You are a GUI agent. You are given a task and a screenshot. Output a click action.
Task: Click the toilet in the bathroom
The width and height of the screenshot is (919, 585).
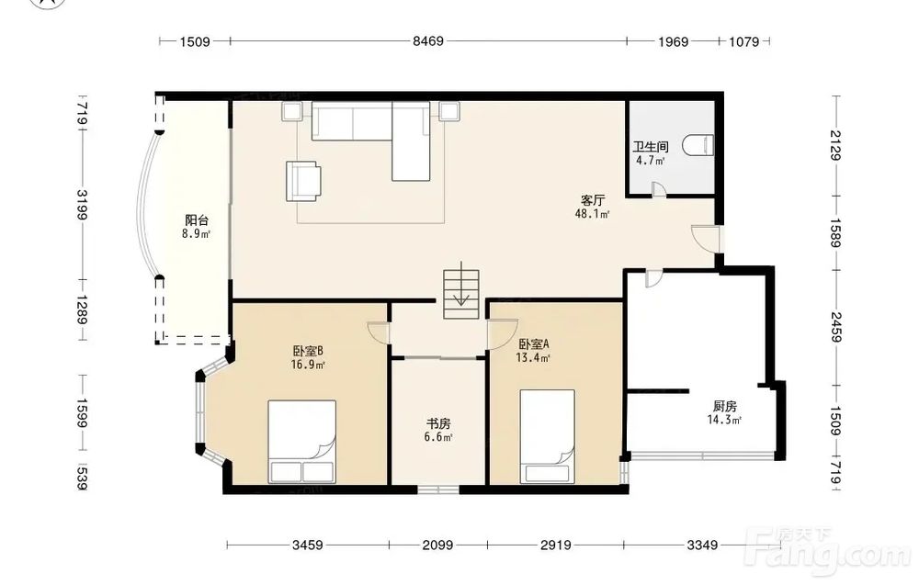(701, 145)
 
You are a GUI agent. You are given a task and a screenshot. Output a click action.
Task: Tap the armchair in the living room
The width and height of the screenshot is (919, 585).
(303, 181)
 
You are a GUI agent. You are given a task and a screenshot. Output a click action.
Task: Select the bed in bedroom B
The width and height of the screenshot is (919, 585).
(301, 442)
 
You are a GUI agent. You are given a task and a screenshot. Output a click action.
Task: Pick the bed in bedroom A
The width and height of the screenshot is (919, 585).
(548, 436)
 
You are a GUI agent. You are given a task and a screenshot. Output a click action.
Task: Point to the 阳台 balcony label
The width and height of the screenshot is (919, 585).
(197, 220)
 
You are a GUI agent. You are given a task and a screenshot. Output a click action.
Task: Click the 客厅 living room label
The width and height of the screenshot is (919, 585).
(593, 201)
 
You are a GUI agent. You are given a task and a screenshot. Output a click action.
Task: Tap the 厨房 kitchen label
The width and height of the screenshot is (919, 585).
(724, 406)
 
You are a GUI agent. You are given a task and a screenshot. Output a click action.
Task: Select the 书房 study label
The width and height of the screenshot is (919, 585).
(437, 424)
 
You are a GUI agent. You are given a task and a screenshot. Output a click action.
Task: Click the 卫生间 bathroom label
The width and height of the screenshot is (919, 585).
(651, 147)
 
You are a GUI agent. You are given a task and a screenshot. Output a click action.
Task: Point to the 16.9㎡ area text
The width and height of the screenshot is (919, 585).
(308, 365)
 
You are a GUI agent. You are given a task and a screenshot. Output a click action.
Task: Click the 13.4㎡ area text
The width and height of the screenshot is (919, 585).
(533, 358)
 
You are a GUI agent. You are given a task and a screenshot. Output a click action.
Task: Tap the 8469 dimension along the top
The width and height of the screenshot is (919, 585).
(428, 41)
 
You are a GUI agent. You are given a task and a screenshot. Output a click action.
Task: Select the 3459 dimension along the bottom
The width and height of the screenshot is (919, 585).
(307, 546)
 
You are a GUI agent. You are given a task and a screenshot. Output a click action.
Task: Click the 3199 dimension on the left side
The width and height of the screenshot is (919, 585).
(83, 205)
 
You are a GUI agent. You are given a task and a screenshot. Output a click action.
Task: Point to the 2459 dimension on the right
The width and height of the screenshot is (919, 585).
(835, 327)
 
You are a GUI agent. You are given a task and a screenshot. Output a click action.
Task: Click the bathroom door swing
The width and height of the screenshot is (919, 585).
(659, 188)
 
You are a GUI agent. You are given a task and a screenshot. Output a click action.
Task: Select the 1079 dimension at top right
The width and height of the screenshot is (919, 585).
(743, 41)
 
